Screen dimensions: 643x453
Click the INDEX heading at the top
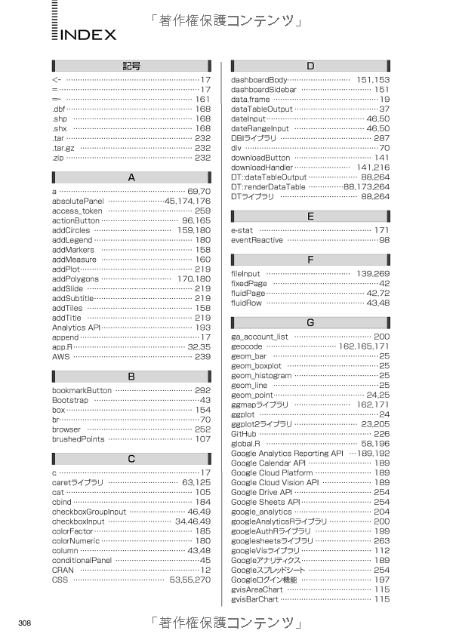click(x=88, y=35)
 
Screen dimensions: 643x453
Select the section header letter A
click(x=131, y=178)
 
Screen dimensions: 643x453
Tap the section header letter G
click(x=310, y=322)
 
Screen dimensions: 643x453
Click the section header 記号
click(x=131, y=66)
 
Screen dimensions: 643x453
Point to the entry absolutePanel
click(x=78, y=202)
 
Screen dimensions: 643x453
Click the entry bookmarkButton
click(x=82, y=390)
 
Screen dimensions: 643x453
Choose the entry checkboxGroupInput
click(x=89, y=512)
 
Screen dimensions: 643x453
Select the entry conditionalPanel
click(x=82, y=561)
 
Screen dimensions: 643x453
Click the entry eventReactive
click(x=257, y=240)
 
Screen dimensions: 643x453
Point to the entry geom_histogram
click(x=261, y=375)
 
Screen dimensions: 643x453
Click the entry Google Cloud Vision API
click(x=275, y=482)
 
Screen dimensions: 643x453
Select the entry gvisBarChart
click(x=254, y=599)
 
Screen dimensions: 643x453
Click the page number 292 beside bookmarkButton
click(x=202, y=390)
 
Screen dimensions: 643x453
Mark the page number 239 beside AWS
click(x=202, y=357)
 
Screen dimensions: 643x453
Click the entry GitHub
click(x=244, y=434)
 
